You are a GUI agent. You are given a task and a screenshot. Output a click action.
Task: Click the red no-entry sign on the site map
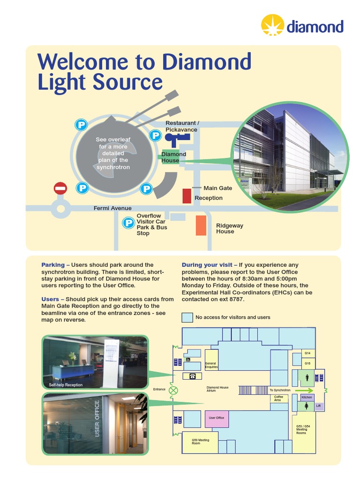60,188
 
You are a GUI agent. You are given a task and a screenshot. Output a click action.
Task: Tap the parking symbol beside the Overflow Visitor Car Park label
128,223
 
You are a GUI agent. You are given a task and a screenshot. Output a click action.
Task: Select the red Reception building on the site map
187,195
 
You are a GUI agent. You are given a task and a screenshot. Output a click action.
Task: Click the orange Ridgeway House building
201,225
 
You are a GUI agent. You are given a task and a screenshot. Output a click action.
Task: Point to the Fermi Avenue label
112,208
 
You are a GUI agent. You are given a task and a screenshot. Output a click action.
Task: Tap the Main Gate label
217,188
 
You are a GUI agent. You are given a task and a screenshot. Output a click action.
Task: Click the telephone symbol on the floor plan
192,376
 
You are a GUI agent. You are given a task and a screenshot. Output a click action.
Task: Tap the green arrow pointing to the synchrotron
304,390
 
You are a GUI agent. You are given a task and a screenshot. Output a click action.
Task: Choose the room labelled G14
307,353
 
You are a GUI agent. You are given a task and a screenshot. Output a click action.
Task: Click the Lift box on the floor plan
319,405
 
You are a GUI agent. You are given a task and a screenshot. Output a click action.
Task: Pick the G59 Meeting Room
200,442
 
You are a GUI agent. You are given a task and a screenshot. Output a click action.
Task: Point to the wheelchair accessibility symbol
187,360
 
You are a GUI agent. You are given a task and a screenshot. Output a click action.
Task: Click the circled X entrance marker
174,390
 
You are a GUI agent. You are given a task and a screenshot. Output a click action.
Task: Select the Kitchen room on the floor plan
307,397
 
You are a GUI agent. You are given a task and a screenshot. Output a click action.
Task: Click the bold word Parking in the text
52,265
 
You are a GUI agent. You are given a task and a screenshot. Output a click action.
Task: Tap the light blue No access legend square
187,317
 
